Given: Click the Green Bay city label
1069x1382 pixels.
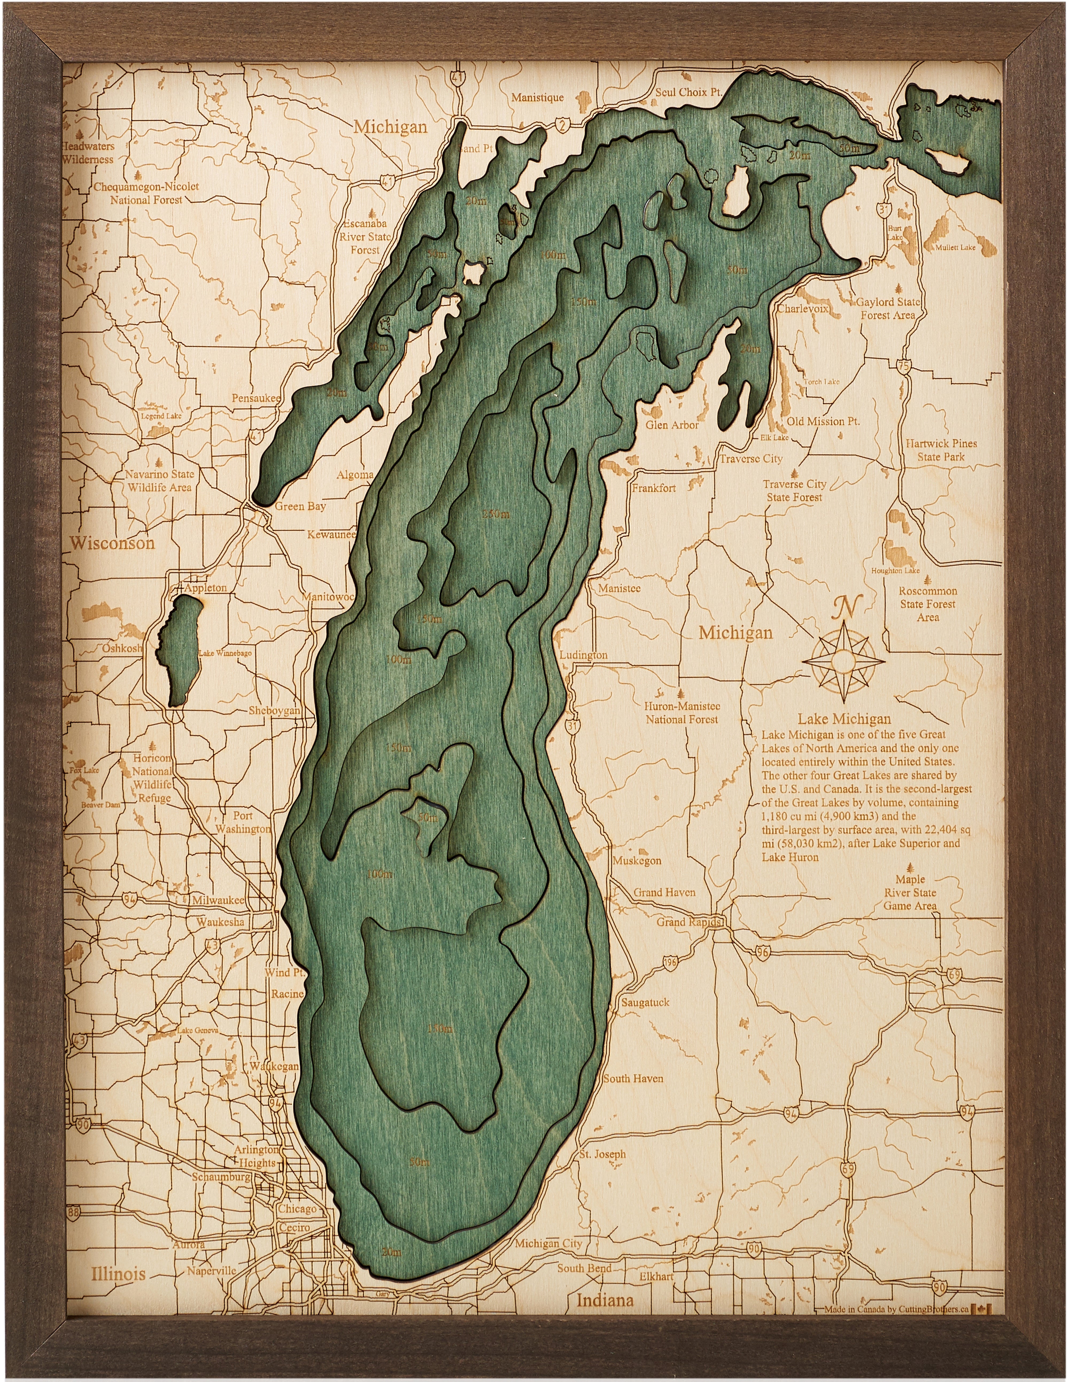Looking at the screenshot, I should (x=300, y=506).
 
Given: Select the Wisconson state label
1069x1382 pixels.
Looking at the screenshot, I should (x=112, y=543).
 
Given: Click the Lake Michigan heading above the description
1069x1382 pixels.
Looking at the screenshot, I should (x=844, y=719).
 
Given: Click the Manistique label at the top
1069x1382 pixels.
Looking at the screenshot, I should (x=537, y=98).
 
